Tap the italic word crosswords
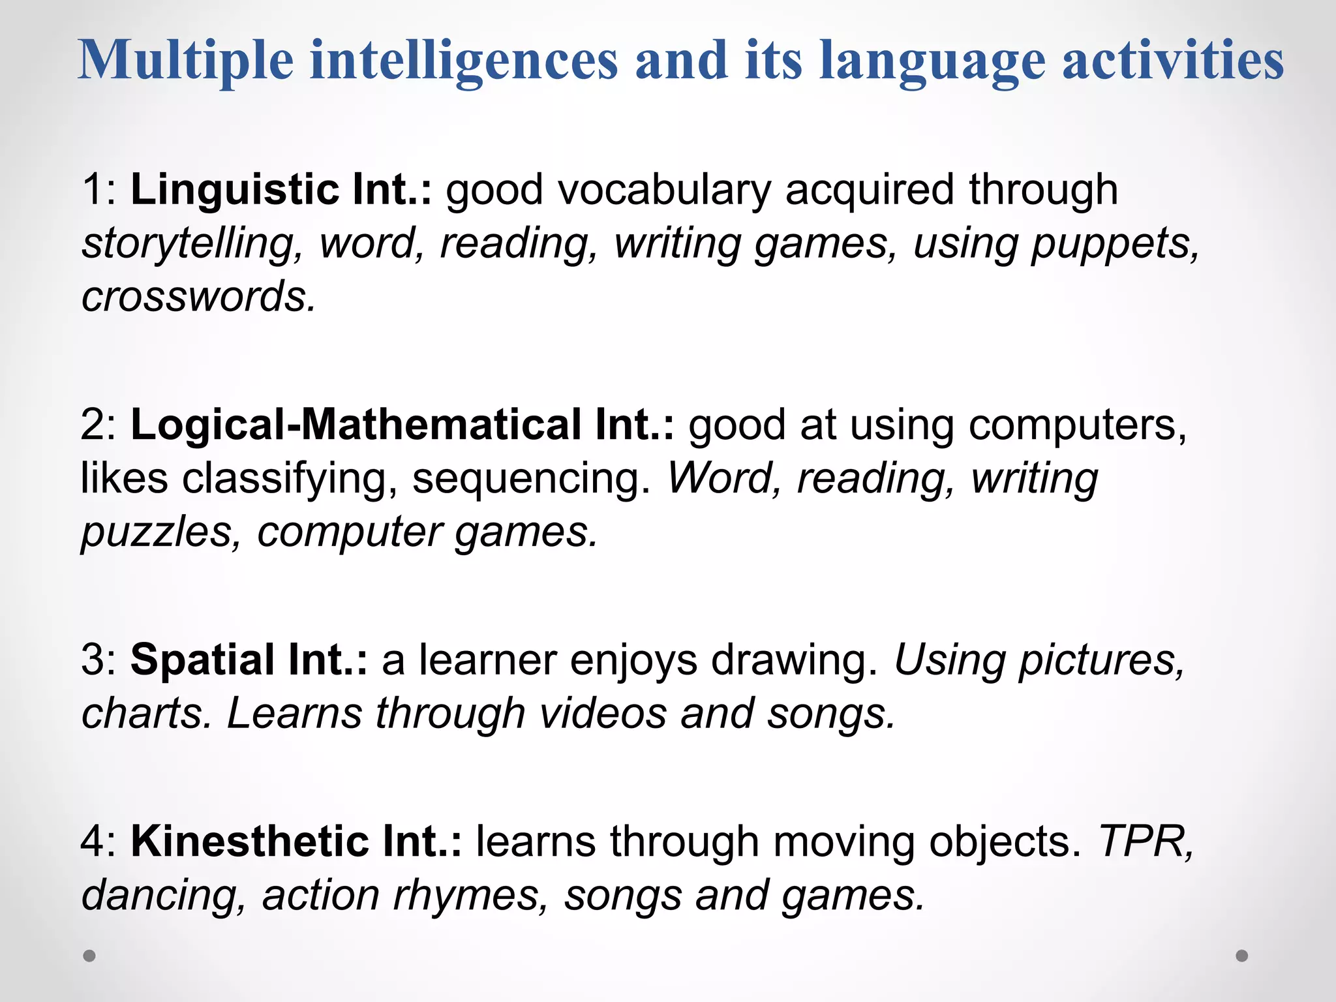[198, 297]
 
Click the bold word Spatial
[203, 660]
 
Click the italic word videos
[603, 713]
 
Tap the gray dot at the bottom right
[1242, 956]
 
